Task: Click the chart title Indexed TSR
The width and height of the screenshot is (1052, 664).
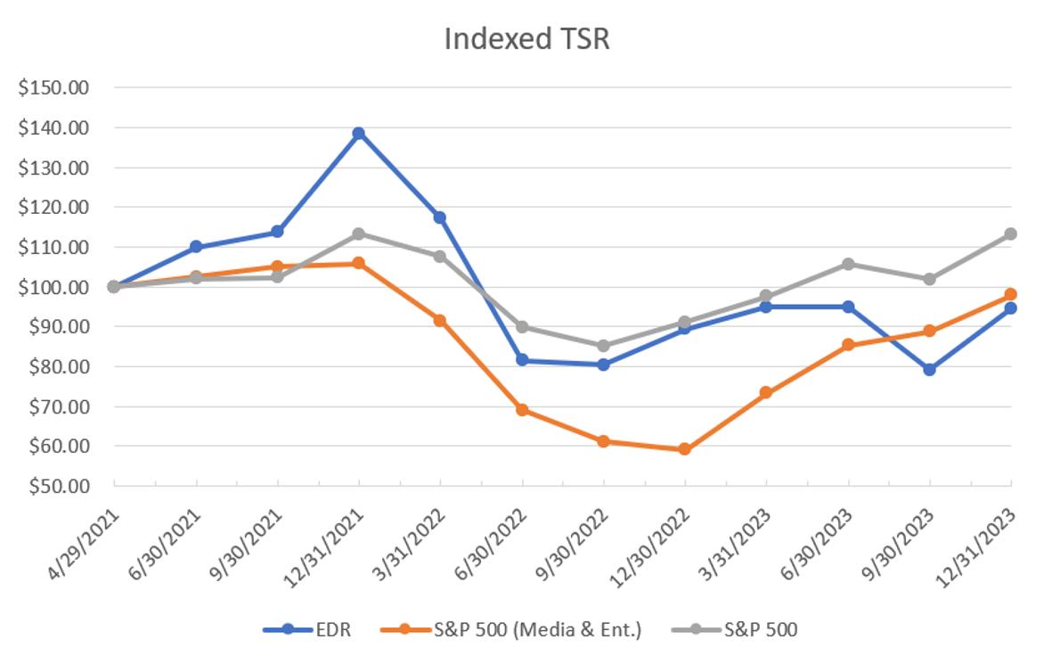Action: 526,39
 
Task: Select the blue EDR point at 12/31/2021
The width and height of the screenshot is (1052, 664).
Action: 359,134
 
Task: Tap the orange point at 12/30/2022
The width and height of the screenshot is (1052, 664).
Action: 685,449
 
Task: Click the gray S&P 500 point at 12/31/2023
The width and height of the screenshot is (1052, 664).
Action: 1011,234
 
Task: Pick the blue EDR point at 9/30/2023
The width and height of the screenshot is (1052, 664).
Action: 930,369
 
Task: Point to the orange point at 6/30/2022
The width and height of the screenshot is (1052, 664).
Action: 522,409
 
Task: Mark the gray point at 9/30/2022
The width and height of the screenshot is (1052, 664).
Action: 604,346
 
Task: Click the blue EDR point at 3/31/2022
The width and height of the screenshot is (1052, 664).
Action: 440,217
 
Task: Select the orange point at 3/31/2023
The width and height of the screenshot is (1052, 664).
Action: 766,392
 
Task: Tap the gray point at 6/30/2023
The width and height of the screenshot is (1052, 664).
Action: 848,264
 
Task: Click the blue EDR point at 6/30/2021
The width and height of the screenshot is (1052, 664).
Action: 196,247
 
